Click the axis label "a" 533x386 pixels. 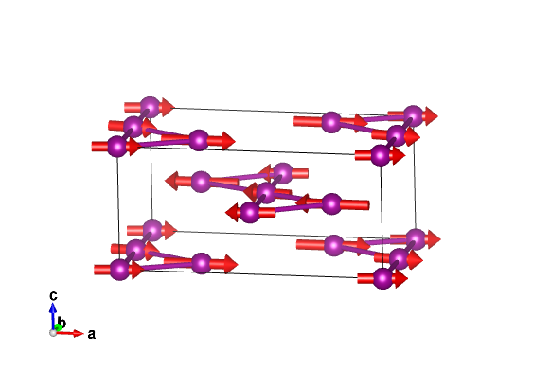92,334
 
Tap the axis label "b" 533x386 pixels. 62,322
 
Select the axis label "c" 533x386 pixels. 53,295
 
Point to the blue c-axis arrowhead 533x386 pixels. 53,307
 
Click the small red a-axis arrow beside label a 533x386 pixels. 70,333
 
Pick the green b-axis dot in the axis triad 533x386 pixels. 58,327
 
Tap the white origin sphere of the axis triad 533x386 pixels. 53,333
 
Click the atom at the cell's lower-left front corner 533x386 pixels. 119,270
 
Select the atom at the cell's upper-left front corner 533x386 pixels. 117,147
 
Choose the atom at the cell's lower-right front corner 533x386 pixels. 382,279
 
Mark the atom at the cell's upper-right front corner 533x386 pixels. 381,155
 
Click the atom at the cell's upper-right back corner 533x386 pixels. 413,115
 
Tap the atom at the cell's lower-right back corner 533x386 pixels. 416,238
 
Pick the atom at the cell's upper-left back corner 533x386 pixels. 150,107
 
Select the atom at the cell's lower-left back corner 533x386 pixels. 152,230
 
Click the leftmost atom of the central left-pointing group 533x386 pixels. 202,182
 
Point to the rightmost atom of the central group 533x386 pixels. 331,203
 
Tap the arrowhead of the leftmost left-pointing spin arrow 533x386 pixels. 171,181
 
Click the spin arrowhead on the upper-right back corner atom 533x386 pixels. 432,115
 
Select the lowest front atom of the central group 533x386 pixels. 250,212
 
